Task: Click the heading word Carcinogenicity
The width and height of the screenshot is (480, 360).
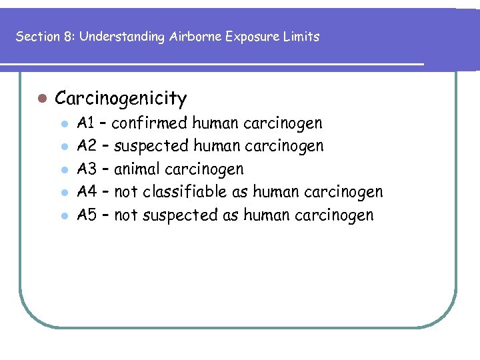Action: (121, 99)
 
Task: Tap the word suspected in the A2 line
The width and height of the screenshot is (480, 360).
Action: (153, 146)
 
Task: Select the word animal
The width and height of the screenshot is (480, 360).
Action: (138, 169)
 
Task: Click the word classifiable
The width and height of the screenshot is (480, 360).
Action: (190, 193)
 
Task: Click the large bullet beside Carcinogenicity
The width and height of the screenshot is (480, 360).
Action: (41, 99)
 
